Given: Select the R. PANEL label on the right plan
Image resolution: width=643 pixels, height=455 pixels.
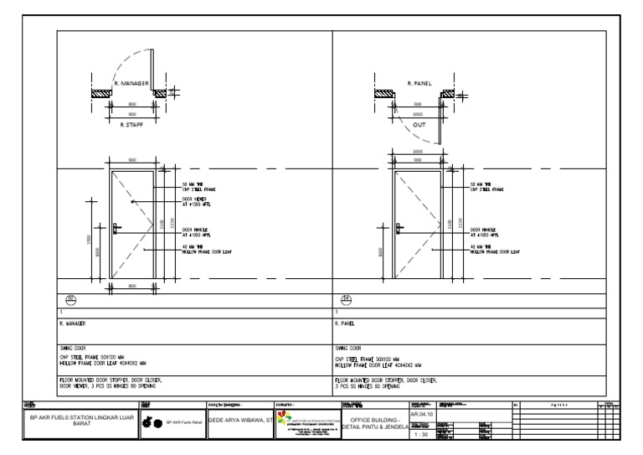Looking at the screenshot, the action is [419, 83].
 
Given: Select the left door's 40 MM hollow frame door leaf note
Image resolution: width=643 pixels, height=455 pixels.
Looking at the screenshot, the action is [205, 248].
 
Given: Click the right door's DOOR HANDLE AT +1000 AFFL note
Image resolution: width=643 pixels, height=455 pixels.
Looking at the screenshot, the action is [486, 232].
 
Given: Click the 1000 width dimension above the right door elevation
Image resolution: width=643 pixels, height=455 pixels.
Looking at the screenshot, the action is [419, 153].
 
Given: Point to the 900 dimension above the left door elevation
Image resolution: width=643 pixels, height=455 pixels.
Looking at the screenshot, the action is [132, 159].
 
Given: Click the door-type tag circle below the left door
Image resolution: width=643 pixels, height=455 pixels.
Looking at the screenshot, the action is [71, 300].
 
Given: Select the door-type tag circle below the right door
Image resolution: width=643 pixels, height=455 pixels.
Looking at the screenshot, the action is [347, 300].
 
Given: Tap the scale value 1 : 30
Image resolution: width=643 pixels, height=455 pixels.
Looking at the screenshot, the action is [422, 434].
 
